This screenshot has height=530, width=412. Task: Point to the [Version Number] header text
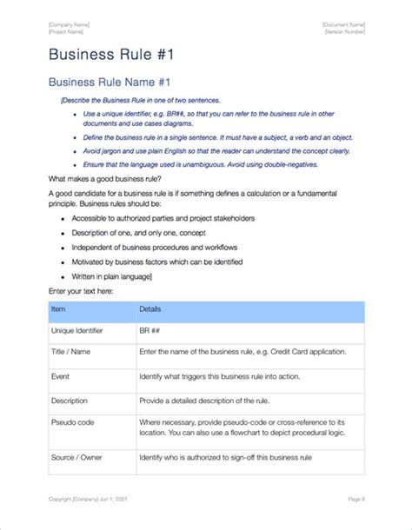point(344,31)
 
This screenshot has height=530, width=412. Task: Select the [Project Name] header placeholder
point(66,31)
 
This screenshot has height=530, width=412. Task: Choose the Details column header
point(150,308)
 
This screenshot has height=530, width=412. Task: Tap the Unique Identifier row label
point(76,332)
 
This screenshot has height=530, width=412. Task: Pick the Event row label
point(61,378)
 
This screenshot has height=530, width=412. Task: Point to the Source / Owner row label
point(76,457)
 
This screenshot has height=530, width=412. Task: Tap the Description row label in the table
point(70,401)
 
